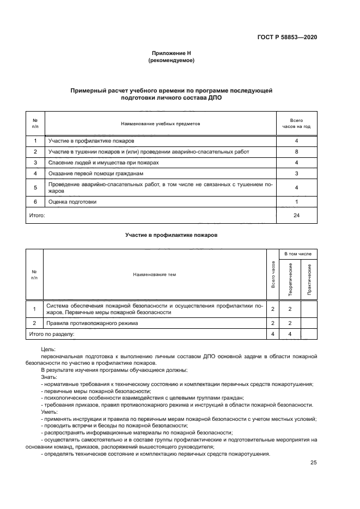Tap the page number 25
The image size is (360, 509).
tap(313, 463)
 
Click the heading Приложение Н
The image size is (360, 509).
tap(172, 53)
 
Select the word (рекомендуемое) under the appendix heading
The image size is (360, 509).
tap(172, 60)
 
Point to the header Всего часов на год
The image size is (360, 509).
tap(296, 124)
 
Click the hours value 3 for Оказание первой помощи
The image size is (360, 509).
tap(296, 174)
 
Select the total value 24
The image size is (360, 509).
tap(296, 216)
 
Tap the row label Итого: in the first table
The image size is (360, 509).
tap(36, 216)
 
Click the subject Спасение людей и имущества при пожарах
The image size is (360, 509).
tap(103, 162)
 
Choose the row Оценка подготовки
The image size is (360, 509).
tap(72, 201)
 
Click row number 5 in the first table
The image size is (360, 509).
tap(35, 188)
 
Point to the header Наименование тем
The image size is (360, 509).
tap(155, 274)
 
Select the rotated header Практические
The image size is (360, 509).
tap(309, 279)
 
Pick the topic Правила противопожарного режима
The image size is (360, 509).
tap(93, 323)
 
